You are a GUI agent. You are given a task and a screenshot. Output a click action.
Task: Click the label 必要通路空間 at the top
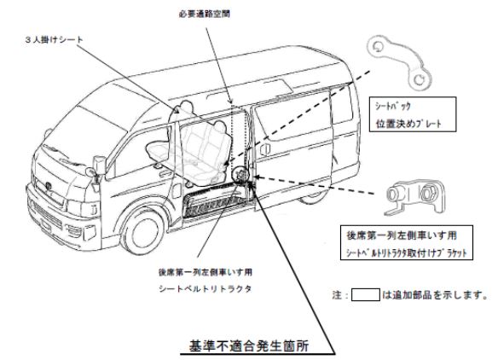pos(204,14)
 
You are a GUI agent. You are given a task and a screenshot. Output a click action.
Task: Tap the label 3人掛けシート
pos(54,40)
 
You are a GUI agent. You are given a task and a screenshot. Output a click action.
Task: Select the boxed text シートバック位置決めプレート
pos(413,114)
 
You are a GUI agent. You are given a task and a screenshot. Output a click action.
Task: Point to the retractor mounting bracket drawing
pos(414,197)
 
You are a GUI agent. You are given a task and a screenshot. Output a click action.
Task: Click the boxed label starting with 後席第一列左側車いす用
pos(407,243)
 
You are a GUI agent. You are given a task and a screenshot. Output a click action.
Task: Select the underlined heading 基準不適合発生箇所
pos(249,345)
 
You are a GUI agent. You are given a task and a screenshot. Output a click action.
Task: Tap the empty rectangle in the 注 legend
pos(366,294)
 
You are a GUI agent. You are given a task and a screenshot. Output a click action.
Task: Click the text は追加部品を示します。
pos(435,295)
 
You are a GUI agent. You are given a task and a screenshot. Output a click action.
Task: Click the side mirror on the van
pos(100,165)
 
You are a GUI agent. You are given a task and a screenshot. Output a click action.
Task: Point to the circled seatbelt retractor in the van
pos(240,175)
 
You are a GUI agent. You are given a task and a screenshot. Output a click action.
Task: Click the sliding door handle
pos(265,149)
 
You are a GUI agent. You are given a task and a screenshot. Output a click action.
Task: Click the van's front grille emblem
pos(49,186)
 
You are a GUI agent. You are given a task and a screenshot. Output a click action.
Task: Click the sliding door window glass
pos(292,118)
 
